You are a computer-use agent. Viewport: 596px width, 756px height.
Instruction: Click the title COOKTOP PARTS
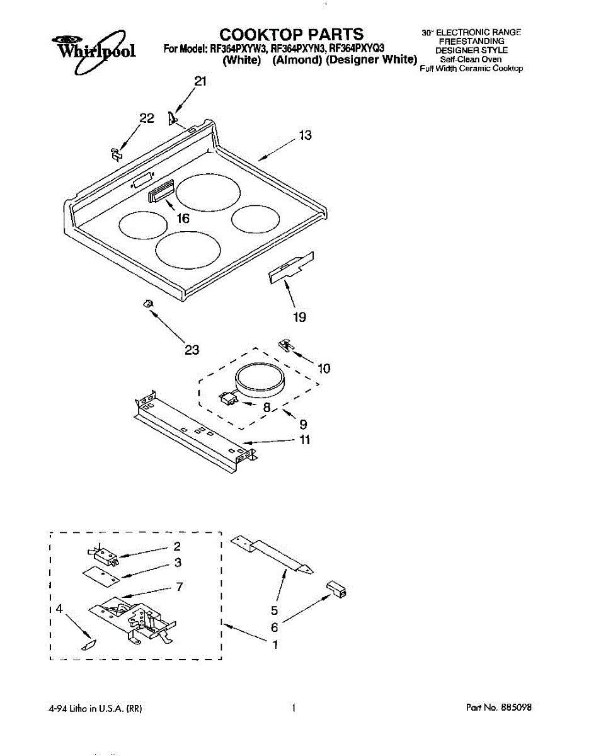pos(291,33)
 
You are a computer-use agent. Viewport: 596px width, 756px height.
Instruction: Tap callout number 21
pos(200,81)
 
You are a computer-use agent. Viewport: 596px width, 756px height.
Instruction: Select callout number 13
pos(305,135)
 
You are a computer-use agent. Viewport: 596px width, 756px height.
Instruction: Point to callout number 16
pos(182,218)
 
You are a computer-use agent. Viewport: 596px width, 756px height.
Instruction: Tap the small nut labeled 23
pos(148,304)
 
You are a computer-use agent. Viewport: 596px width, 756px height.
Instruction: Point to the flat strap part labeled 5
pos(271,555)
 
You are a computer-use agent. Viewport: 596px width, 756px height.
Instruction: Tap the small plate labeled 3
pos(101,575)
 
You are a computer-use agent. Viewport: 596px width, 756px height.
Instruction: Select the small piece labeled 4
pos(88,645)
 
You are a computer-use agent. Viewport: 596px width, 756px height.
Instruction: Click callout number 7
pos(180,587)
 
